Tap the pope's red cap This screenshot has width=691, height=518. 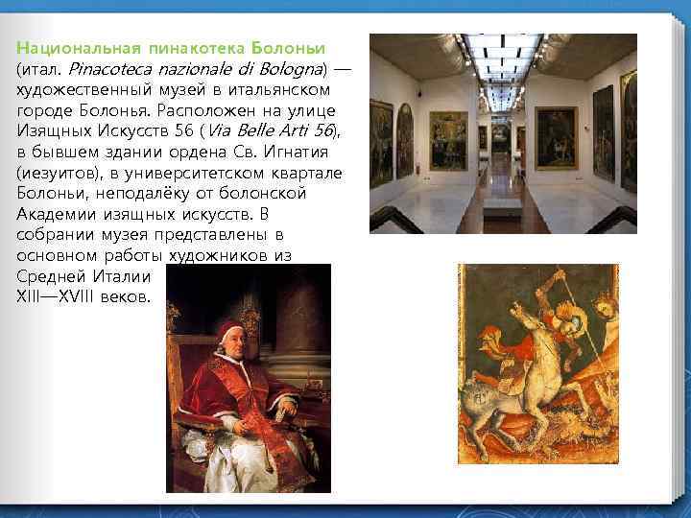click(x=227, y=327)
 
